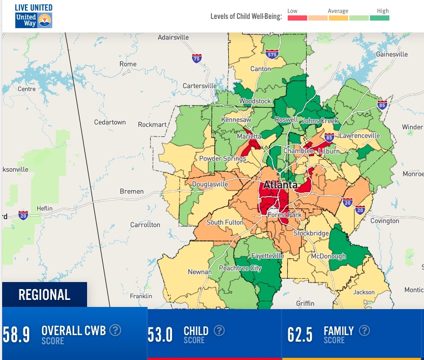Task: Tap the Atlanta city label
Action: tap(280, 185)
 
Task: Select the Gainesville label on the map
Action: tap(392, 54)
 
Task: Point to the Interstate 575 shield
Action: tap(272, 54)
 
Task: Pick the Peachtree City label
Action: tap(240, 269)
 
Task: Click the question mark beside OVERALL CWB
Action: tap(115, 330)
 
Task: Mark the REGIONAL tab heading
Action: tap(44, 295)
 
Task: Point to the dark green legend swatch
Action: tap(379, 18)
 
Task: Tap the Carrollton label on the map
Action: tap(145, 225)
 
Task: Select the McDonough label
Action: tap(328, 257)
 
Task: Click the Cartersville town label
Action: tap(200, 86)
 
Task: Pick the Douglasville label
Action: tap(210, 185)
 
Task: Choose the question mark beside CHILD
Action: tap(218, 330)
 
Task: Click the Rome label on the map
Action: tap(128, 64)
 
